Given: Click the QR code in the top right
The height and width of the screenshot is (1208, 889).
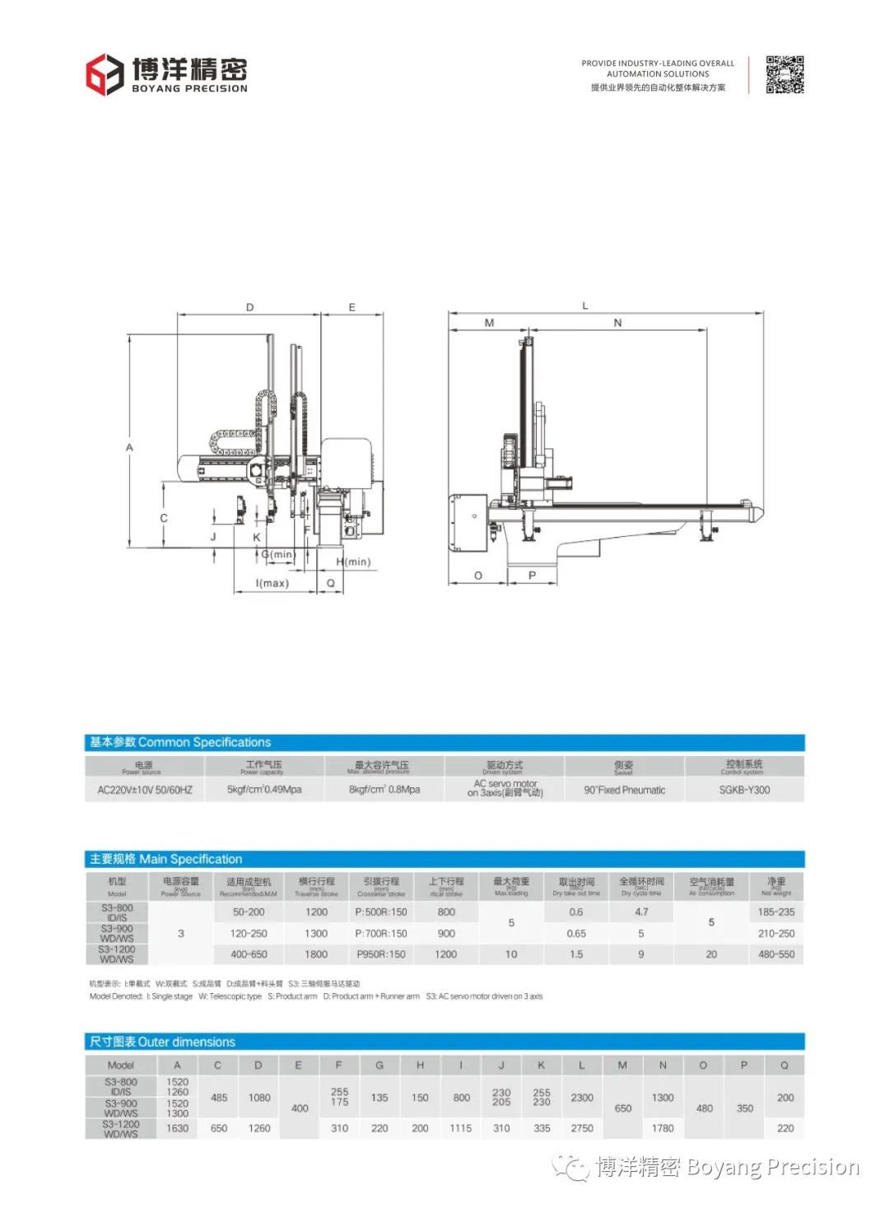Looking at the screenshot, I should (784, 75).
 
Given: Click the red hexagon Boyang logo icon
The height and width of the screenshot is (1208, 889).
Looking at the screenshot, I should (105, 74).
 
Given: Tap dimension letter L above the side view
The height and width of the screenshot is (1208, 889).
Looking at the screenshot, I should (585, 305).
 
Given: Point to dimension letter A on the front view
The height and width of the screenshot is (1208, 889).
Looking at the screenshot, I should (129, 447).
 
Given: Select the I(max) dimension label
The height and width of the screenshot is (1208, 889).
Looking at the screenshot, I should (272, 583).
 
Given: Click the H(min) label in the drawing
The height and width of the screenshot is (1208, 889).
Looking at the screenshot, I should (353, 562).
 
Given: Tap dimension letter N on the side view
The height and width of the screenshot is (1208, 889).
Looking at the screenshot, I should (617, 323).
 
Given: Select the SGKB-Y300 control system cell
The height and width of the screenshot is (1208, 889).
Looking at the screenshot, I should (744, 790).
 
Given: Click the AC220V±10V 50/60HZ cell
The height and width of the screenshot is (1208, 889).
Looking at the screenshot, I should (145, 790).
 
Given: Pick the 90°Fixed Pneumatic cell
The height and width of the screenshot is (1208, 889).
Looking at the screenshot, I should (624, 790).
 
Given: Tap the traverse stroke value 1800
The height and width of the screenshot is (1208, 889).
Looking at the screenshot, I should (316, 954).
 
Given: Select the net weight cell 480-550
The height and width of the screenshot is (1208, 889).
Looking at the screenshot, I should (776, 954).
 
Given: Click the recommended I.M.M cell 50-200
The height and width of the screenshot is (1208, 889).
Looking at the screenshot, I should (249, 912).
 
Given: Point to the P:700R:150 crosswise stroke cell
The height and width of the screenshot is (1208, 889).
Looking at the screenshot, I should (381, 934).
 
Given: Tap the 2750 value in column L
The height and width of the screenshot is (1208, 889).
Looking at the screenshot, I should (582, 1128).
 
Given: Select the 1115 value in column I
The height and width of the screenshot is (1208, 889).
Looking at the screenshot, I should (461, 1128).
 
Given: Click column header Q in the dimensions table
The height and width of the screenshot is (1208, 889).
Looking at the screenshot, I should (784, 1065).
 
